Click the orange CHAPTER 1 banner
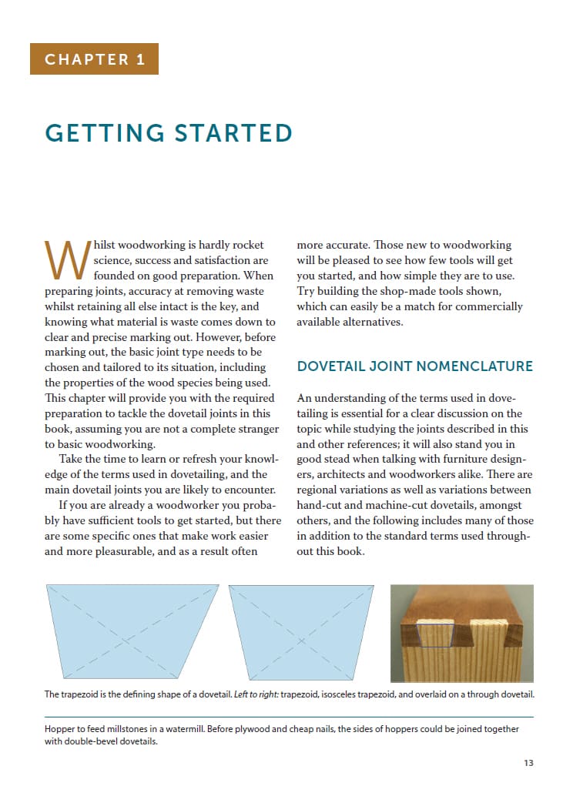[x=94, y=59]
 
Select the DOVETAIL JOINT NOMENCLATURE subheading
[x=414, y=366]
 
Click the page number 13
[x=528, y=763]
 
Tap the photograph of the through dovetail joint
[x=461, y=633]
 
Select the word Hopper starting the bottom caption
[x=61, y=728]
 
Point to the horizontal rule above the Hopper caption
[x=289, y=717]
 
